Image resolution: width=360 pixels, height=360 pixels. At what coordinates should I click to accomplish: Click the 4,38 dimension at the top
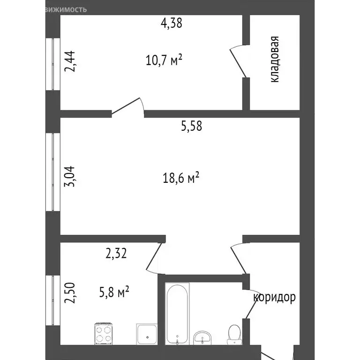[171, 23]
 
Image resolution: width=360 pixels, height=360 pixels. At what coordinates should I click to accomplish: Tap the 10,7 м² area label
[164, 60]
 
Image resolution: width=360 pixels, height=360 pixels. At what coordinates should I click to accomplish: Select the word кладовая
[275, 60]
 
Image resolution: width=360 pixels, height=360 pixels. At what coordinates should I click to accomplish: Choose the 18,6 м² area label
[182, 178]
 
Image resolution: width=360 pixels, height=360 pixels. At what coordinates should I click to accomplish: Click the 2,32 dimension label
[116, 254]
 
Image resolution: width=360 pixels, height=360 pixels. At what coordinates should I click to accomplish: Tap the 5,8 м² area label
[113, 293]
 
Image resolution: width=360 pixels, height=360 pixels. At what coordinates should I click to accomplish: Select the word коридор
[274, 297]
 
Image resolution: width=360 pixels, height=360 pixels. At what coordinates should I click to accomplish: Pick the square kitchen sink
[148, 334]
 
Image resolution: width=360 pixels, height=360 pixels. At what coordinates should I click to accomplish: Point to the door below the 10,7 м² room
[127, 107]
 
